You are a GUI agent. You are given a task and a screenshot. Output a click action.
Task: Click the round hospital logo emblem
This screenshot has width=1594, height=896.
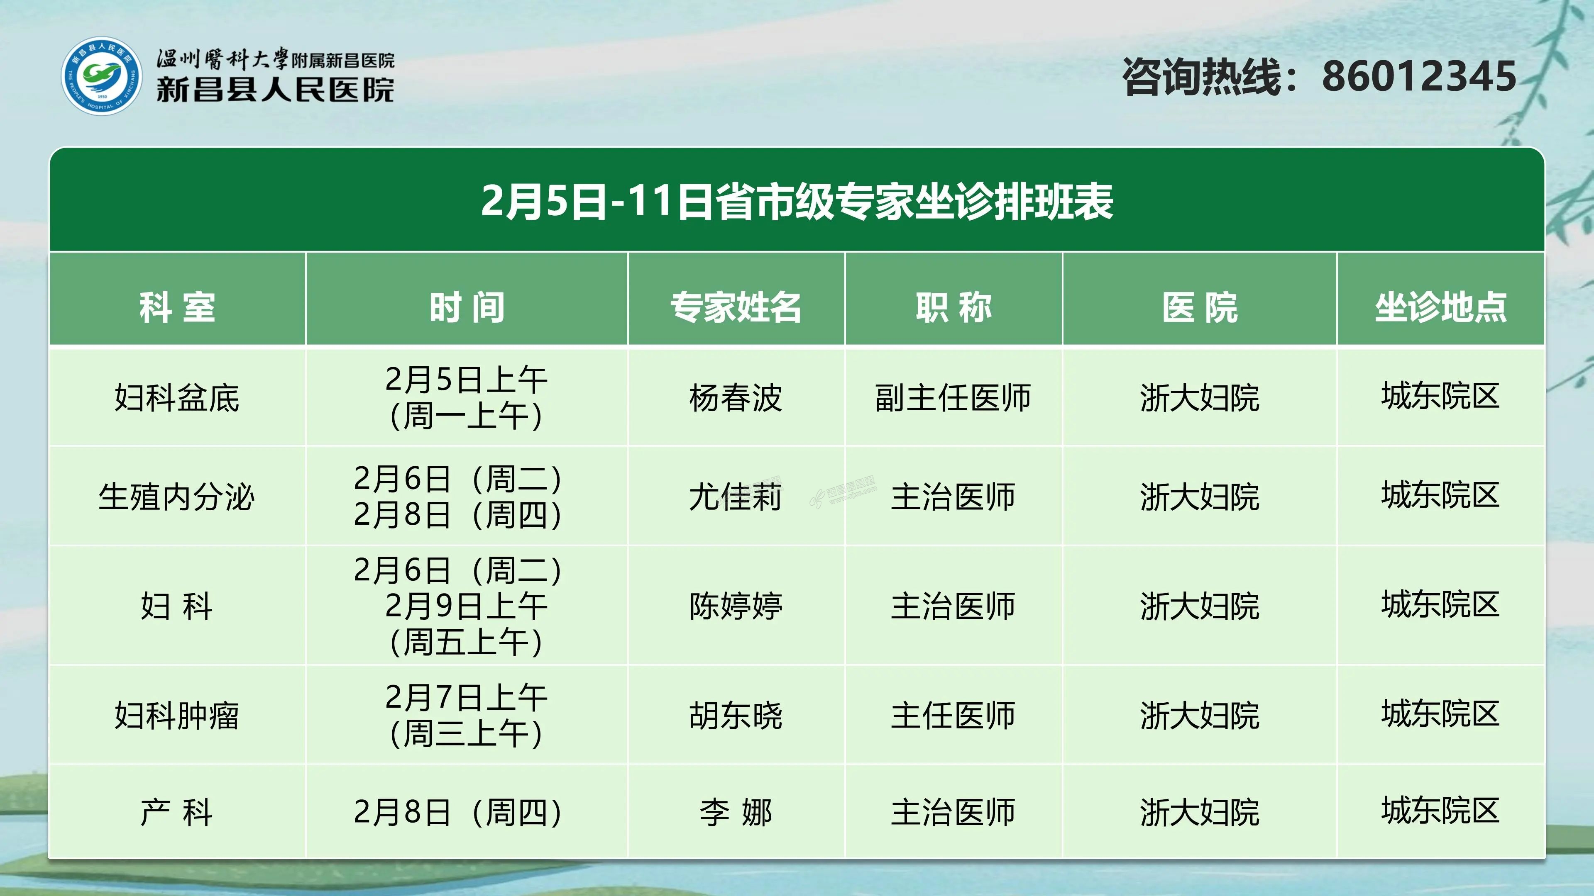(101, 76)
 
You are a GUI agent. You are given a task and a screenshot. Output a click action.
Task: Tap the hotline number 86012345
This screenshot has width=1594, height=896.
(1419, 77)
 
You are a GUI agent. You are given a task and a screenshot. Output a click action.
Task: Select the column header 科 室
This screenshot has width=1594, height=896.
(177, 307)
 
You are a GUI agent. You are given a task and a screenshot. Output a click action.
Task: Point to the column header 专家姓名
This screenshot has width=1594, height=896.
(736, 307)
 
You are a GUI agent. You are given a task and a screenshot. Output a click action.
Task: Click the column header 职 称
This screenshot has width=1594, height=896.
(953, 307)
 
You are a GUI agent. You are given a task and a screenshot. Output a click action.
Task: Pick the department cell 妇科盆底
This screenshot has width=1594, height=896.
(177, 397)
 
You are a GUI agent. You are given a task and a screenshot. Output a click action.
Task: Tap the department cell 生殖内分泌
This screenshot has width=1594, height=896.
(177, 497)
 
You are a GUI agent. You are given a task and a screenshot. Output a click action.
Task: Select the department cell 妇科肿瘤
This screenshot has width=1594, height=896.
(177, 716)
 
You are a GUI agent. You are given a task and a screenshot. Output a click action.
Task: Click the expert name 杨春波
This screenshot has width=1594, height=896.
(736, 397)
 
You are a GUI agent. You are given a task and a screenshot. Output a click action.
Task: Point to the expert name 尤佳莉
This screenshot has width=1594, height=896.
(736, 497)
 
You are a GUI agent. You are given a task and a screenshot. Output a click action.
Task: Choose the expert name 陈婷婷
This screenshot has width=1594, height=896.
(736, 605)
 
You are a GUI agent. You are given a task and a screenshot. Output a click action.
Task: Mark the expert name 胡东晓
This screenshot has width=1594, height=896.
(736, 716)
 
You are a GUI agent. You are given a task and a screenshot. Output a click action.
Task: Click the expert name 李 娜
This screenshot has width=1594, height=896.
(736, 812)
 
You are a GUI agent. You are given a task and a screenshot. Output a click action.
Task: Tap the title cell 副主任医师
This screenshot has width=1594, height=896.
(953, 397)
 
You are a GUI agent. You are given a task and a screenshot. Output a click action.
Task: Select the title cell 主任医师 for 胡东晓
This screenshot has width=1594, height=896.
(953, 716)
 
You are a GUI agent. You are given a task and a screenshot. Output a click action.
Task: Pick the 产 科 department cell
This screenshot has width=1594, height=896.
(177, 812)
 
